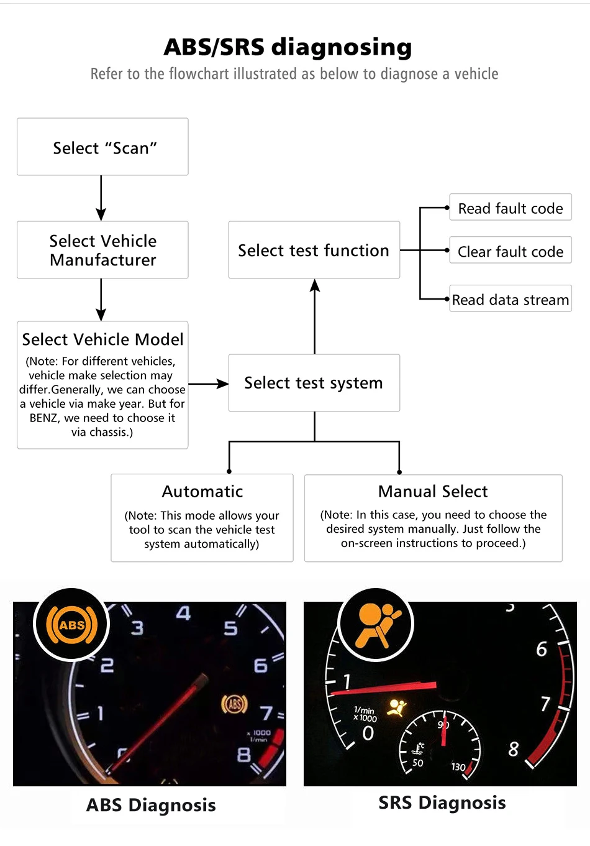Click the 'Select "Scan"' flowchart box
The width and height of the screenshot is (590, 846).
102,147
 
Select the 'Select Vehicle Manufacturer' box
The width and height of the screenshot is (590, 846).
102,250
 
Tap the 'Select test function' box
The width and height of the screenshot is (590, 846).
314,250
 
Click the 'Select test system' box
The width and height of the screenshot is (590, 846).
314,383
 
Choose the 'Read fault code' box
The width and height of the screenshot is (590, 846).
510,208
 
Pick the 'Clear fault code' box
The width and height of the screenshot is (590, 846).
510,251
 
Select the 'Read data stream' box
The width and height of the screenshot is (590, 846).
510,300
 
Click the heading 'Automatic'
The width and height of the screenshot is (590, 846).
202,491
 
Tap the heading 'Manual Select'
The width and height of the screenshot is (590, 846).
433,491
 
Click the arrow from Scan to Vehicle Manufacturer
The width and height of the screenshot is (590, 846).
101,198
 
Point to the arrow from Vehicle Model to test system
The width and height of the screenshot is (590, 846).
209,384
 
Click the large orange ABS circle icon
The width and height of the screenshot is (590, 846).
71,624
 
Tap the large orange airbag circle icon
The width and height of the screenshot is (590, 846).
376,624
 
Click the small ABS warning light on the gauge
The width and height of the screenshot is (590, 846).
234,704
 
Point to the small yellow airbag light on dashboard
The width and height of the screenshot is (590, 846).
396,707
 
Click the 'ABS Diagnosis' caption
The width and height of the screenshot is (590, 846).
151,805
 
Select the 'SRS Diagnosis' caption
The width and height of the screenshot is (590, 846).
442,802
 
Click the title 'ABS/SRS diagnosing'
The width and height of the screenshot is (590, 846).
288,47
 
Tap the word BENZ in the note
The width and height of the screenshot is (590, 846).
43,418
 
